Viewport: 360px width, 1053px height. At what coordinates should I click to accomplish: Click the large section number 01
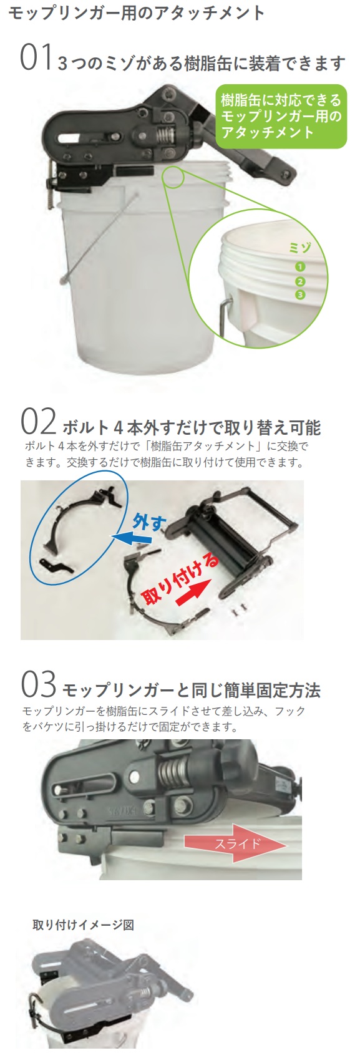coord(35,58)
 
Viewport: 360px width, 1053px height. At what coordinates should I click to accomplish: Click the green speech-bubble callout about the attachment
coord(281,116)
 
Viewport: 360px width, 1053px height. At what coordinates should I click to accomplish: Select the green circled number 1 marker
coord(300,266)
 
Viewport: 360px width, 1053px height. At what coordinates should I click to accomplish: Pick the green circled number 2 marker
coord(300,281)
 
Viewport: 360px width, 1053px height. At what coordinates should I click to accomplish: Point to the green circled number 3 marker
coord(300,294)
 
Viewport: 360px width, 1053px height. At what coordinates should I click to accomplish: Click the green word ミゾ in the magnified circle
coord(300,248)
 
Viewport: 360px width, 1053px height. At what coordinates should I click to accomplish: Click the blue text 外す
coord(150,522)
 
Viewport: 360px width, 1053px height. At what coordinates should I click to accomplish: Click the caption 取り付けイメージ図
coord(83,924)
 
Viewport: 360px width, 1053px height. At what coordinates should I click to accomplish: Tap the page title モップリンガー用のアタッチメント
coord(136,13)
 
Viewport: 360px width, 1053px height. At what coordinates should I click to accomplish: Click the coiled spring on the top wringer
coord(163,133)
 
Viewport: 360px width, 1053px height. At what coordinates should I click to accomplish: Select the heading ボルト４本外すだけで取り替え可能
coord(192,427)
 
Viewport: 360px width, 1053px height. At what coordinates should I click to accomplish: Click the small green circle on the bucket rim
coord(173,177)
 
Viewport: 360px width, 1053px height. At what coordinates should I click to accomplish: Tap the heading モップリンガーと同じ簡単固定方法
coord(192,690)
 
